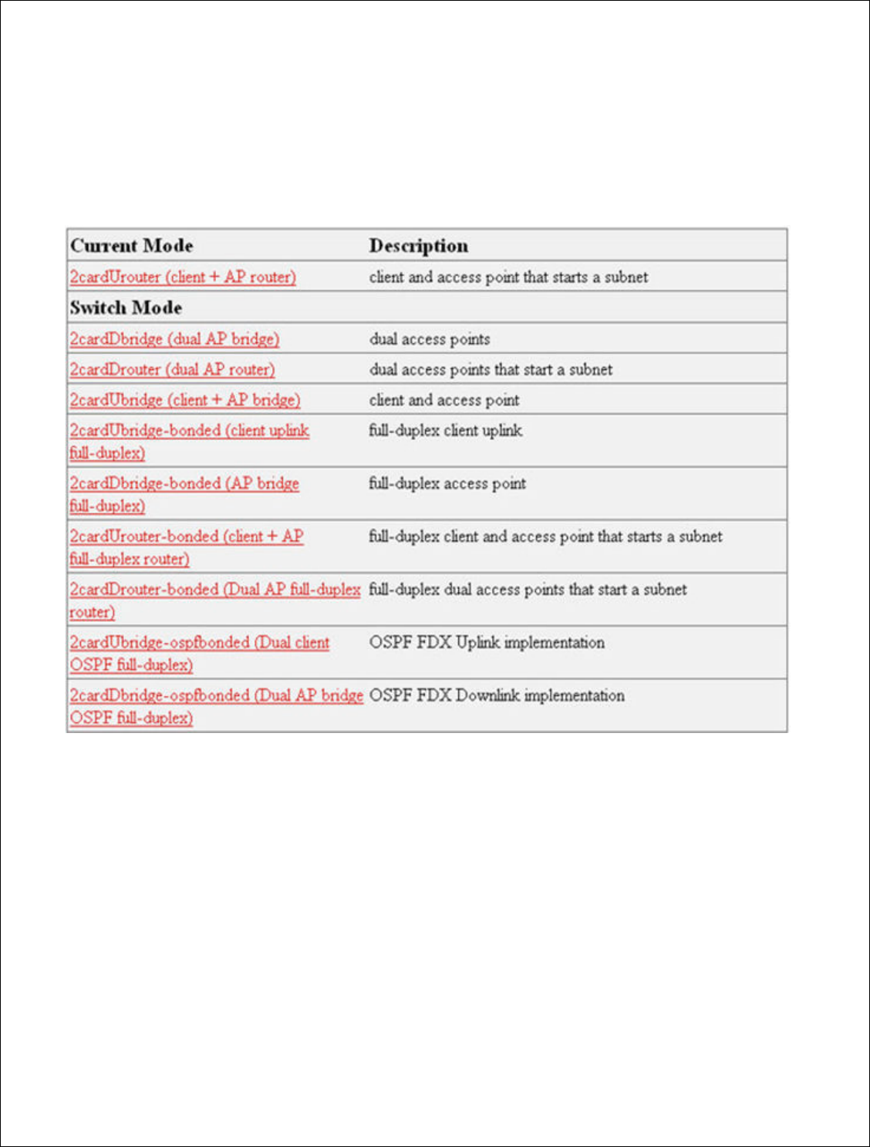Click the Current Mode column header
[132, 246]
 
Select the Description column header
[418, 246]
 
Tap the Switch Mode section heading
[126, 308]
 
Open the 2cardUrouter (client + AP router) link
[183, 277]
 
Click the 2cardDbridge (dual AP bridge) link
[174, 338]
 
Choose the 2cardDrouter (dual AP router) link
[172, 369]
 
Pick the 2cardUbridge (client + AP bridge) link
[185, 400]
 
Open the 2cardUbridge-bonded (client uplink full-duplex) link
[189, 431]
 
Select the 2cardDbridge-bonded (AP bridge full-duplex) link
[184, 484]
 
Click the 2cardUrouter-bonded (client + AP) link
[187, 536]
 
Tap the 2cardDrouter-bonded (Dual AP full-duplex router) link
[215, 590]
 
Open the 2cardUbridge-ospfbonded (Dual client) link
[200, 643]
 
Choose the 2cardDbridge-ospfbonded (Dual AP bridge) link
[216, 695]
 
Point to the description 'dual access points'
[430, 339]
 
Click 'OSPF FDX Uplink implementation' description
[487, 643]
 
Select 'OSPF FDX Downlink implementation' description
[497, 695]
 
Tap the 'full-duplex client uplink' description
[445, 431]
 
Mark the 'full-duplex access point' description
[447, 484]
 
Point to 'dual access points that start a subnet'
[491, 370]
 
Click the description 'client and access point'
[444, 400]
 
